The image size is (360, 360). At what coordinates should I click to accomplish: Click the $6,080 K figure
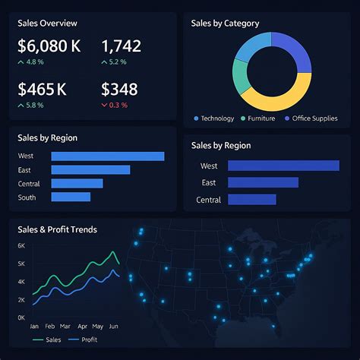click(49, 47)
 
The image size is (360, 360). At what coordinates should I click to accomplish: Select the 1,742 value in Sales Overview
click(121, 47)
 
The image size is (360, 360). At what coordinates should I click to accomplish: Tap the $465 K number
click(43, 90)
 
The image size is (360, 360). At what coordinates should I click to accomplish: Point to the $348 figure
click(119, 90)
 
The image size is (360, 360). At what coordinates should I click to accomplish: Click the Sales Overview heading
click(47, 23)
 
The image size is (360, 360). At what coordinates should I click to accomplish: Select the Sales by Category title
click(225, 24)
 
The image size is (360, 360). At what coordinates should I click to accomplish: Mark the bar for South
click(71, 197)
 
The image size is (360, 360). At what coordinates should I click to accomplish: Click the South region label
click(27, 197)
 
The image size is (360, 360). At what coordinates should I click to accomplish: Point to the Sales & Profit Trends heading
click(57, 229)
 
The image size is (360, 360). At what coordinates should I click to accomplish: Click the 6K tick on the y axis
click(21, 246)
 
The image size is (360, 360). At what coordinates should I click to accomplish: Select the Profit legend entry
click(84, 340)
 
